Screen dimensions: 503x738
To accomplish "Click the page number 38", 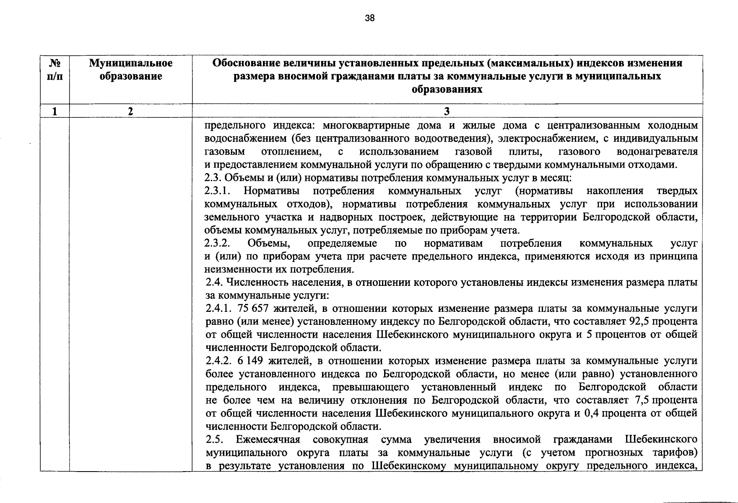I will tap(369, 18).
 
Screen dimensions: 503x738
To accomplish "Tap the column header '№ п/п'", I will tap(55, 70).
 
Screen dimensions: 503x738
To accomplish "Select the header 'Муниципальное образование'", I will tap(131, 70).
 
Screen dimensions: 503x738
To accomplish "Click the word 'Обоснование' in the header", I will tap(242, 63).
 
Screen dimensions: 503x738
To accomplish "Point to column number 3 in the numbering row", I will tap(447, 111).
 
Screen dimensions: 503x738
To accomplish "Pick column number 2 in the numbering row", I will tap(131, 111).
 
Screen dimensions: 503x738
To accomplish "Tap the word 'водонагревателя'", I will tap(657, 151).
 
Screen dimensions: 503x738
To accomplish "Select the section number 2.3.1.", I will tap(217, 191).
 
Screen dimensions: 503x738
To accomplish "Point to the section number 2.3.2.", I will tap(218, 243).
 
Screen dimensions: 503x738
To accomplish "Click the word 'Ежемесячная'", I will tap(268, 439).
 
